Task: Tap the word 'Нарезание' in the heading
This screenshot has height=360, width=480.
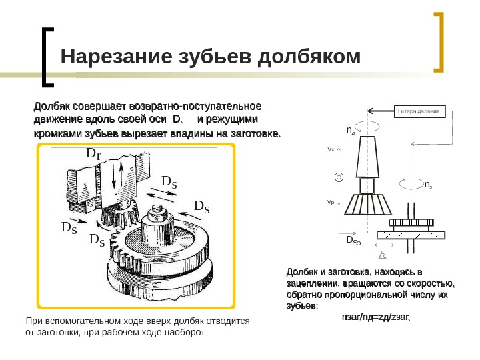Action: [x=106, y=58]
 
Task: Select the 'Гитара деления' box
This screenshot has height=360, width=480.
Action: [x=423, y=111]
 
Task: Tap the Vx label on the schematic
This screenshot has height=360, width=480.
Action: [x=331, y=150]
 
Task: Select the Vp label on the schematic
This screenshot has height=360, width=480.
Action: [x=331, y=202]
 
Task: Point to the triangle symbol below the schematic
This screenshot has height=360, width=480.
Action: [x=383, y=254]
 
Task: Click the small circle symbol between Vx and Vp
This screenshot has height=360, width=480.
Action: [x=339, y=177]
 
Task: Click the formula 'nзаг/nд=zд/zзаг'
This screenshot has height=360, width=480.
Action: [x=375, y=317]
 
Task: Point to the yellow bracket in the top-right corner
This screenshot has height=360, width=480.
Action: [x=440, y=41]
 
